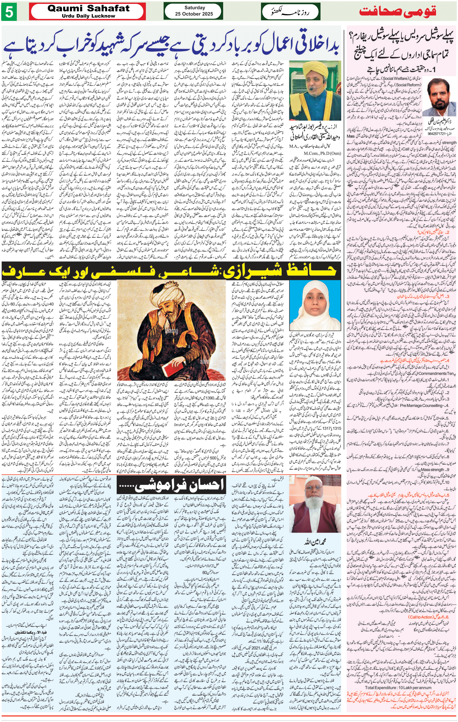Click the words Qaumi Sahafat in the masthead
[88, 8]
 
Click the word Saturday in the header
[194, 8]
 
